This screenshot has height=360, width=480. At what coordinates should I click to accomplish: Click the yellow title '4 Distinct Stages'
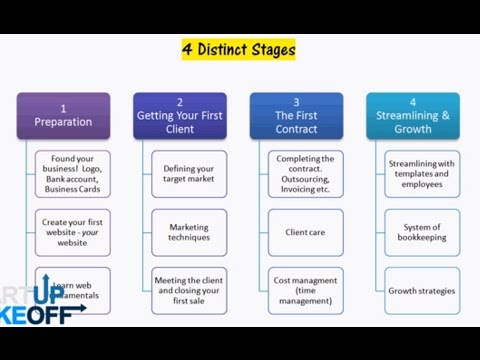pos(238,49)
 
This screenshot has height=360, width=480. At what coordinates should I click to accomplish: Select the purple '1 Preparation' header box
pos(63,115)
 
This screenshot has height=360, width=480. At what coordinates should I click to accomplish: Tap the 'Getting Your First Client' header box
pos(180,115)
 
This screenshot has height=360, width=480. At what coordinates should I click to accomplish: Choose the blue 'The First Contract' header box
pos(296,115)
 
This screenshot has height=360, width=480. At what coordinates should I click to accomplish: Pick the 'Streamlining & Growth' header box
pos(413,115)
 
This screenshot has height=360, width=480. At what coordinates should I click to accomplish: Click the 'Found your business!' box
pos(73,174)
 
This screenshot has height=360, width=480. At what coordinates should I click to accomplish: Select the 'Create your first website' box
pos(73,232)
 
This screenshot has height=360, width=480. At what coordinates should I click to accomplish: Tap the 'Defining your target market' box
pos(189,174)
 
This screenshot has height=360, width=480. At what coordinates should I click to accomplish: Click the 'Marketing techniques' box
pos(189,232)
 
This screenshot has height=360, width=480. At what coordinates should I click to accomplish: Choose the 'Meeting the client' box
pos(189,290)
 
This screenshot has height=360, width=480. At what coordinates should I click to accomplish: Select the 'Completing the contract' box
pos(306,174)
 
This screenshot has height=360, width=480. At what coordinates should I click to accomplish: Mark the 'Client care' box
pos(306,232)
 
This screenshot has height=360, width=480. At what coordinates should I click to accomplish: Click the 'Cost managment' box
pos(306,290)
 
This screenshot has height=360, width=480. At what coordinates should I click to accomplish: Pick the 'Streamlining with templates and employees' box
pos(422,174)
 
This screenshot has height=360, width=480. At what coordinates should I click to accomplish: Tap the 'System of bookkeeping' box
pos(422,232)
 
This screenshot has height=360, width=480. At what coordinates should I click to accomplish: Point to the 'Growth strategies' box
pos(422,290)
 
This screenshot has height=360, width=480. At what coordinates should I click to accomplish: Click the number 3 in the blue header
pos(296,102)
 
